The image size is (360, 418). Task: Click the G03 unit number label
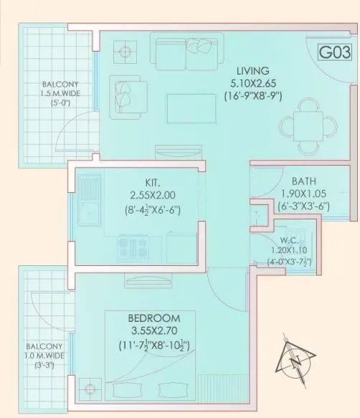[336, 53]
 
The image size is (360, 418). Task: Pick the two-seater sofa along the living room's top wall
[186, 54]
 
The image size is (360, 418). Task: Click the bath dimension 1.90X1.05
[305, 194]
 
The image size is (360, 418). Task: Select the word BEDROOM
[153, 318]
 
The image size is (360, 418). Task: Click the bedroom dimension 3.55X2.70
[154, 331]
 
